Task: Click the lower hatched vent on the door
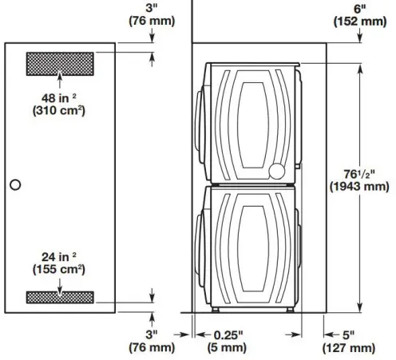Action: (61, 296)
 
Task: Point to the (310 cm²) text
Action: (60, 111)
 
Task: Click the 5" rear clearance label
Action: (350, 335)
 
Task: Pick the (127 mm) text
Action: (350, 348)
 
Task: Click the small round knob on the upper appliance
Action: (275, 170)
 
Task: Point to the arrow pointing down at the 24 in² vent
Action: (61, 281)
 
